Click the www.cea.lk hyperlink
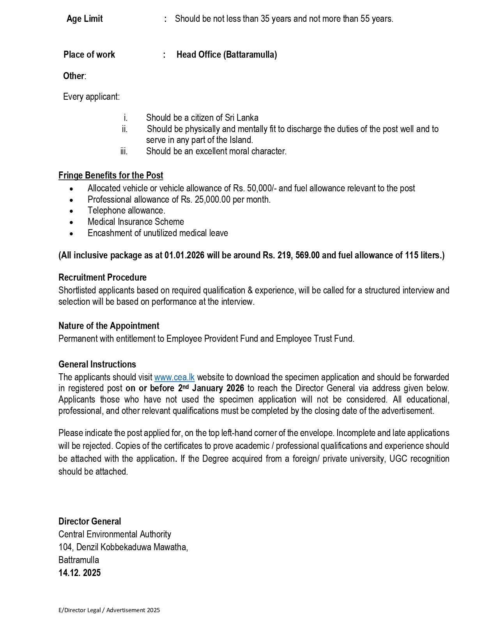tap(174, 377)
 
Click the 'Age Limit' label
tap(85, 19)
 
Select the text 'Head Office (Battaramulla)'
tap(226, 55)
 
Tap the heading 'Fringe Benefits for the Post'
tap(111, 175)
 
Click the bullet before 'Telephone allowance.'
tap(71, 211)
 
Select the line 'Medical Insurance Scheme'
tap(136, 222)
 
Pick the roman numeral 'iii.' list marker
tap(124, 151)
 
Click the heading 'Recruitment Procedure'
tap(103, 277)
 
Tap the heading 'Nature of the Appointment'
tap(109, 326)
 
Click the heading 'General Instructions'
tap(97, 364)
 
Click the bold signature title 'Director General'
tap(90, 521)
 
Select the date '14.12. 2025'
tap(80, 573)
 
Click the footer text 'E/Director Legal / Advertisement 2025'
tap(109, 610)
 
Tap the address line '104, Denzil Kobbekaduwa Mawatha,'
tap(123, 547)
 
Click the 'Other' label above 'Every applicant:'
tap(74, 76)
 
